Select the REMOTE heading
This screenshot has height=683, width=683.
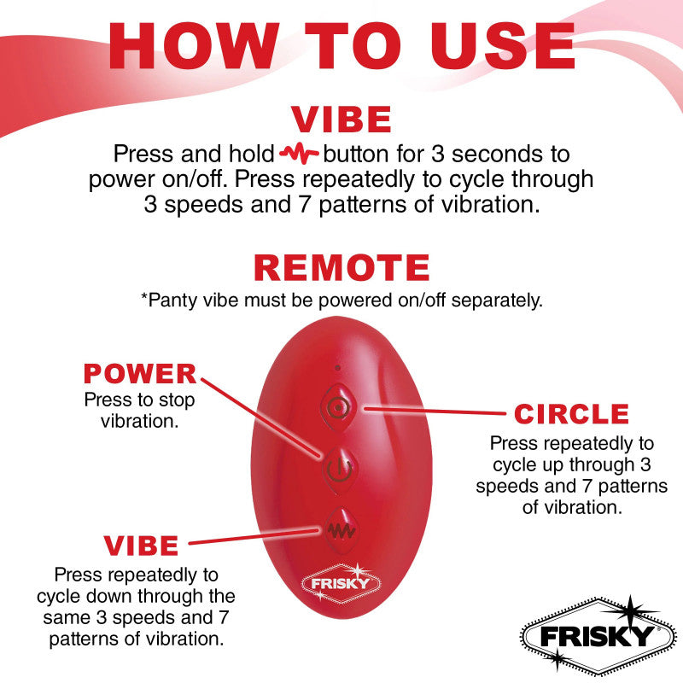point(341,267)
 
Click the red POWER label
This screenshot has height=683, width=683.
point(139,374)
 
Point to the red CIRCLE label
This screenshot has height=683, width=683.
point(571,415)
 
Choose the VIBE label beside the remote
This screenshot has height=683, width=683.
point(141,545)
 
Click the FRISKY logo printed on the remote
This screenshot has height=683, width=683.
point(338,583)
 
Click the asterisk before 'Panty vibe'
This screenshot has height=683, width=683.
point(143,299)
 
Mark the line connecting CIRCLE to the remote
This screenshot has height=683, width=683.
point(435,411)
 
